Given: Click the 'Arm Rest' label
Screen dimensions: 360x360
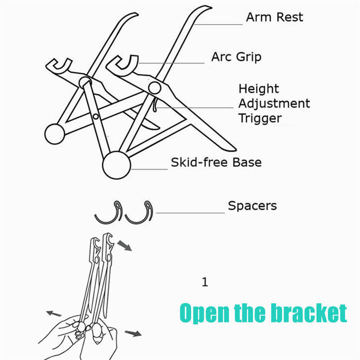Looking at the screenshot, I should click(x=274, y=18).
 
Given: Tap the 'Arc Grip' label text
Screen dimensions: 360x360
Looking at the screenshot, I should click(x=236, y=57).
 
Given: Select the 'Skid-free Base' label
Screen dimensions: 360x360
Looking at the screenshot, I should click(x=216, y=162).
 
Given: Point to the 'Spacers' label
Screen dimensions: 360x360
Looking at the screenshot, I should click(x=252, y=206).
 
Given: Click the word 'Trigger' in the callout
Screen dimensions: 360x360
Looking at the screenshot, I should click(x=260, y=118).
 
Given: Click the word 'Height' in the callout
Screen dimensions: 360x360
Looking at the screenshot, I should click(x=259, y=89).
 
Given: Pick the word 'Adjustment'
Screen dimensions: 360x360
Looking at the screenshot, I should click(x=274, y=104).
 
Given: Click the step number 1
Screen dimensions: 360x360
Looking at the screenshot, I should click(x=205, y=283).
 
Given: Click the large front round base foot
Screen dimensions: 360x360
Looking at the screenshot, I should click(x=116, y=164).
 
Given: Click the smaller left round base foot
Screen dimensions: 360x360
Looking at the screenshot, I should click(x=55, y=134).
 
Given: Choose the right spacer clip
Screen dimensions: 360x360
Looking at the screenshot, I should click(x=140, y=212).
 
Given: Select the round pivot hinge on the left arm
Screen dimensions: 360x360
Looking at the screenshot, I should click(x=84, y=82).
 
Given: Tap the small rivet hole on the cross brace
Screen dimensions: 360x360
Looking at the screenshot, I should click(x=95, y=116).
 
